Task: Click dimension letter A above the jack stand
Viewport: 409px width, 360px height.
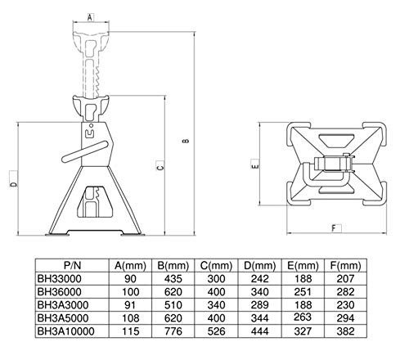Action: pyautogui.click(x=90, y=17)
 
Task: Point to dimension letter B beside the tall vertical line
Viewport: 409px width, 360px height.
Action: pyautogui.click(x=186, y=141)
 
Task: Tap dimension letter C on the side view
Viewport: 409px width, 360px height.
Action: pyautogui.click(x=160, y=166)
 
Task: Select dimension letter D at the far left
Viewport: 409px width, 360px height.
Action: pyautogui.click(x=13, y=184)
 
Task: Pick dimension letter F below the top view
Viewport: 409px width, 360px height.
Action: pyautogui.click(x=335, y=228)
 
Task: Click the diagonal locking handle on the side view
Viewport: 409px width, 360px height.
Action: pyautogui.click(x=84, y=152)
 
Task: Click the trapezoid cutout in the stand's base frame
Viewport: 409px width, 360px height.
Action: pyautogui.click(x=95, y=202)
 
